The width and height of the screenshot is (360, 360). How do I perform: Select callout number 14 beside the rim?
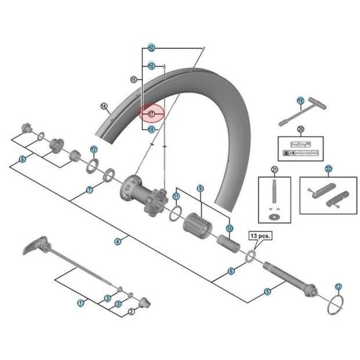(104, 106)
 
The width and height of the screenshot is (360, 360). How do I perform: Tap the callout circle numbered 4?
(117, 242)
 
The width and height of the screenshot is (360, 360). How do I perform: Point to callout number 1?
(81, 302)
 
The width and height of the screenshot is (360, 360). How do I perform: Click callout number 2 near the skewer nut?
(131, 312)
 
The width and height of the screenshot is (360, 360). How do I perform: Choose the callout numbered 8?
(22, 159)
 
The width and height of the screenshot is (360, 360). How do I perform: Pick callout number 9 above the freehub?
(200, 189)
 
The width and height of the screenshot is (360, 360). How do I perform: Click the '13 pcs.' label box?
(260, 236)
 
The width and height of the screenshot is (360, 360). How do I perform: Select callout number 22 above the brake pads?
(328, 169)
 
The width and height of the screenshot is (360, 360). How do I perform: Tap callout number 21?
(275, 169)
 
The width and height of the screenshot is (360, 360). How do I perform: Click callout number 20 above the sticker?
(300, 129)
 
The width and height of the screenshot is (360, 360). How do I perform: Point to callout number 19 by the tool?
(300, 101)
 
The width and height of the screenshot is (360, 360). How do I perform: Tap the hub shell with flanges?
(139, 192)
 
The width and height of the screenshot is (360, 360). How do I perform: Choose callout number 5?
(268, 292)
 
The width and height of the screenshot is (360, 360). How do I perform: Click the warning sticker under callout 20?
(300, 149)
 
